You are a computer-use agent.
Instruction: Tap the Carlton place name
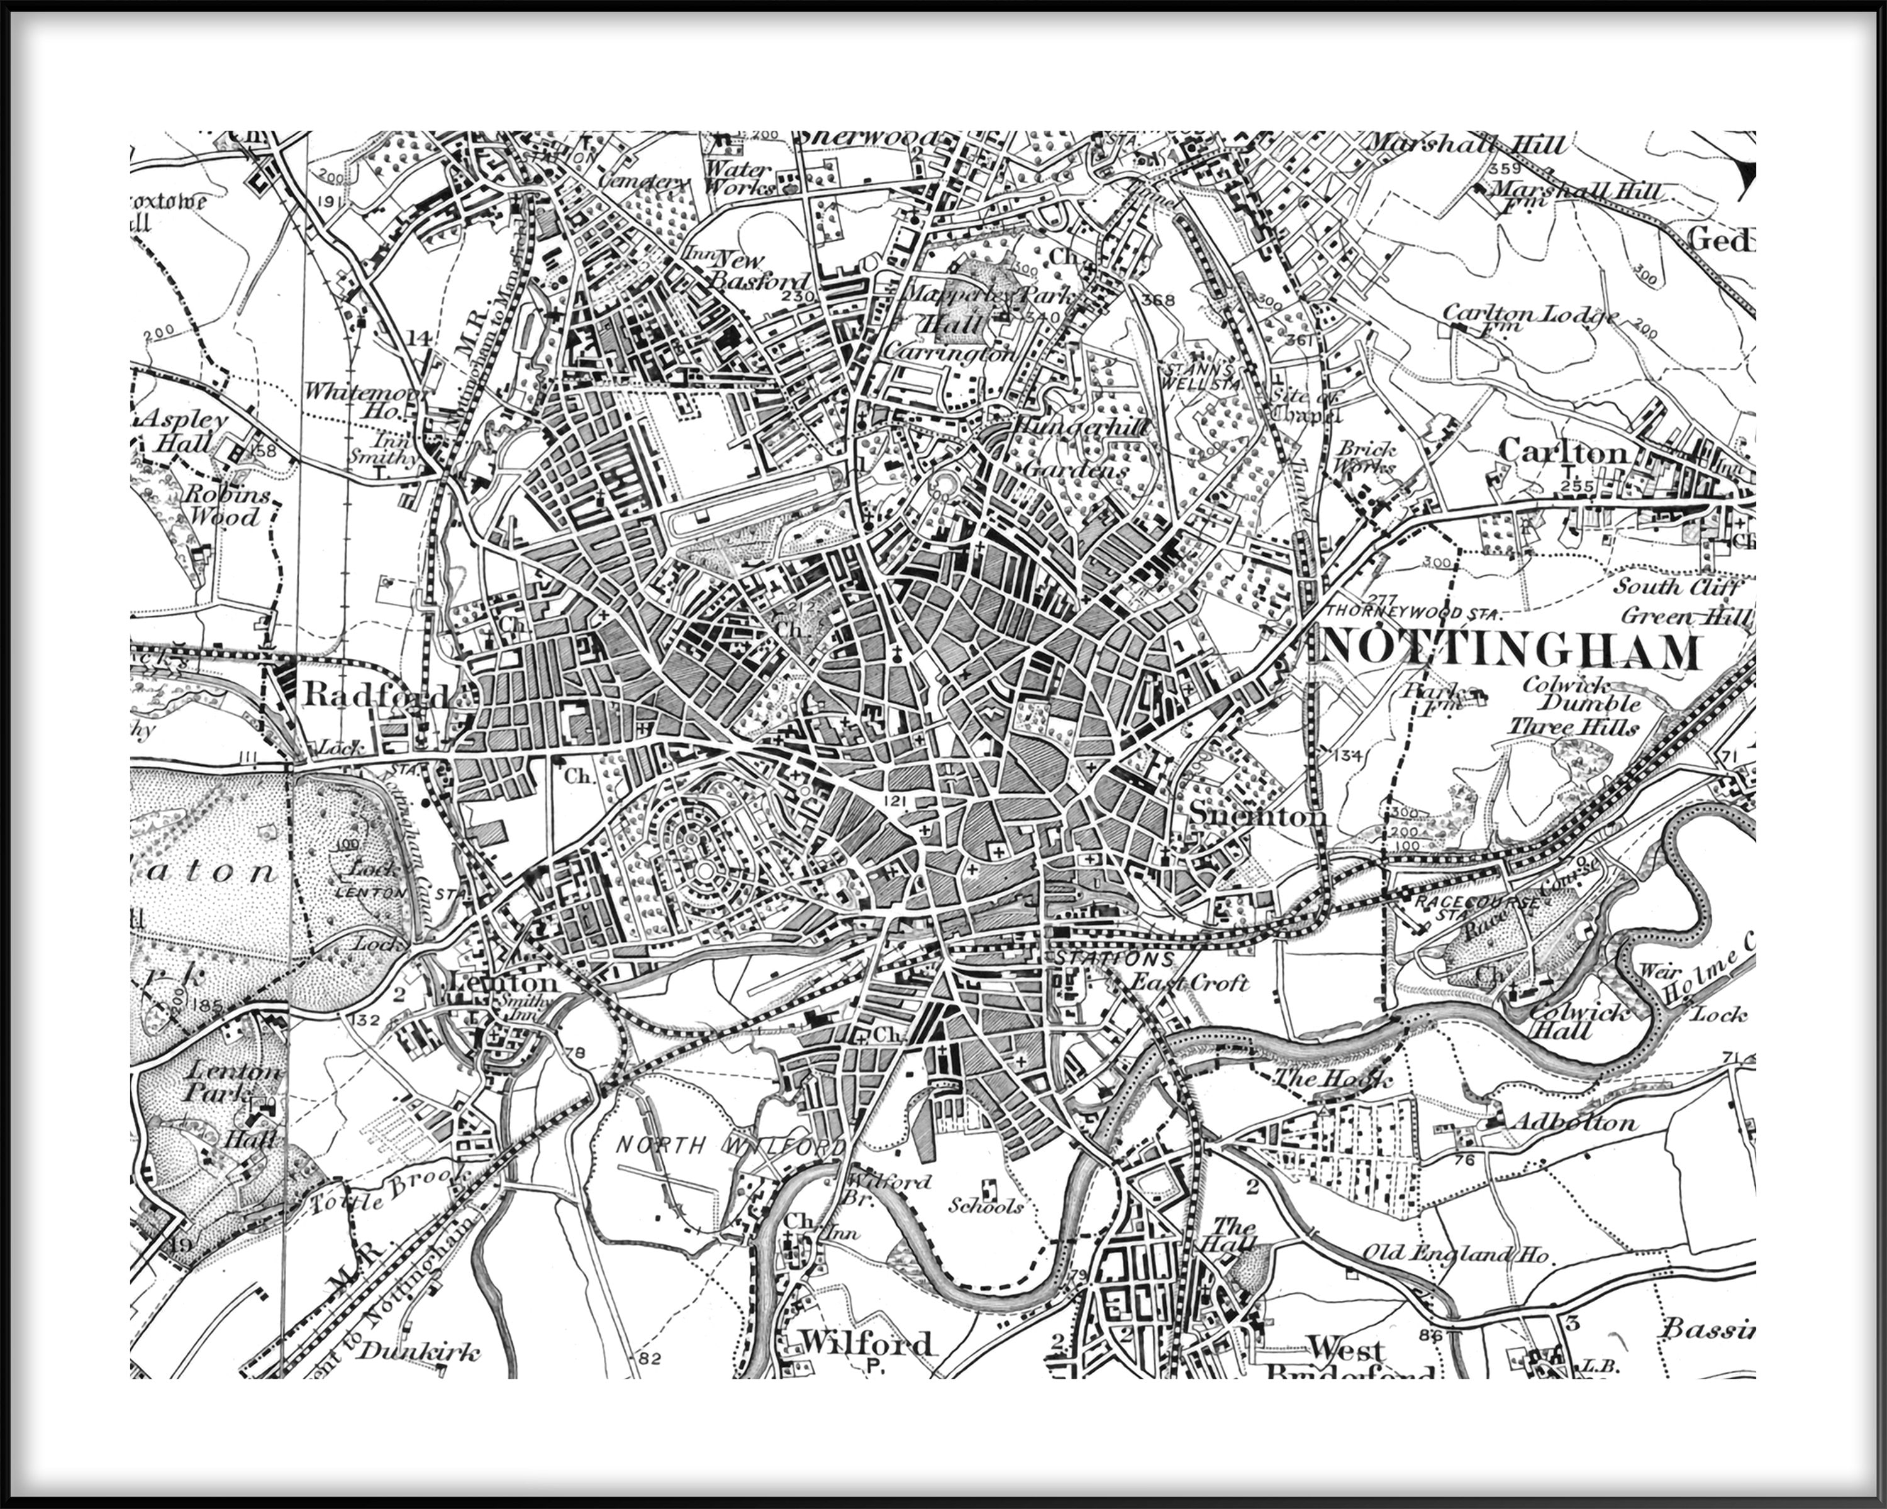click(1563, 451)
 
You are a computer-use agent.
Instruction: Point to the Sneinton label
click(1257, 816)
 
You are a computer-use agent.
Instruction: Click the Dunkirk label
click(420, 1352)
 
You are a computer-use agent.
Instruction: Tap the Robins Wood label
click(226, 505)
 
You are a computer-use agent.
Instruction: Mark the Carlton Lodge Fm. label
click(1530, 317)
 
